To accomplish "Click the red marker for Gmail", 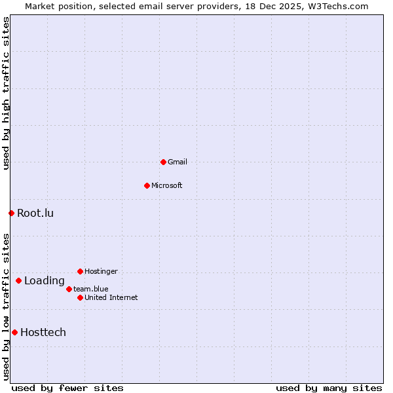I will click(x=163, y=162).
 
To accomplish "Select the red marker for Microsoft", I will click(x=147, y=185).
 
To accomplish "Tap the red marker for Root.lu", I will click(x=11, y=213).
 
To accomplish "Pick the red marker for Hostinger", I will click(x=80, y=271).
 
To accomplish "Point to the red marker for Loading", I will click(x=18, y=281).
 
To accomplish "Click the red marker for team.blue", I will click(x=69, y=289).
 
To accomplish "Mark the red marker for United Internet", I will click(x=80, y=297).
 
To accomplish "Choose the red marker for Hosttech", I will click(x=14, y=332).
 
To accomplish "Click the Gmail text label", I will click(x=178, y=162).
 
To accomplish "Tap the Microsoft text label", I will click(x=167, y=185).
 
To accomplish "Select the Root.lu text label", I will click(x=35, y=213).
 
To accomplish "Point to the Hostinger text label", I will click(x=102, y=271).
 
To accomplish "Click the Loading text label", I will click(x=45, y=281).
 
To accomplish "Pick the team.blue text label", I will click(x=91, y=289).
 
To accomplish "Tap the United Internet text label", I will click(x=111, y=297).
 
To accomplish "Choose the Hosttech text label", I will click(x=43, y=332).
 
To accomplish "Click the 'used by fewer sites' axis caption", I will click(x=67, y=388).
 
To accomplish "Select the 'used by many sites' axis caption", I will click(x=329, y=388).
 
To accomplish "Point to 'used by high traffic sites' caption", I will click(x=6, y=93).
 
